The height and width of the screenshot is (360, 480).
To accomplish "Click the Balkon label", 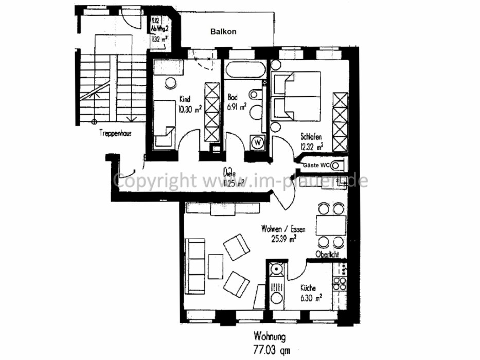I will click(224, 31).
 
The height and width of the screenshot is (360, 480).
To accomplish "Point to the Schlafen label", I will click(312, 137).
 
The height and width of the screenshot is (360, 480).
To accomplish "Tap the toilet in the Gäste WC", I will click(337, 165).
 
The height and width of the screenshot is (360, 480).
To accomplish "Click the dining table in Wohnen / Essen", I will click(330, 225).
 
